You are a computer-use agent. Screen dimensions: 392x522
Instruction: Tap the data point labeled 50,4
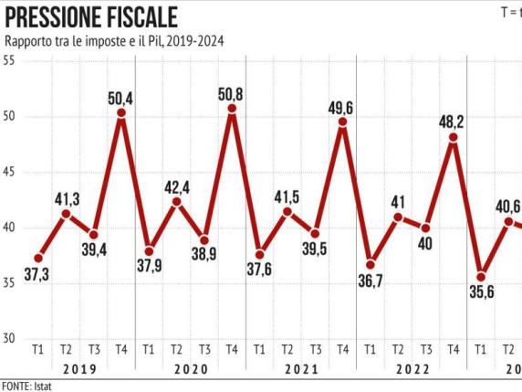click(x=121, y=112)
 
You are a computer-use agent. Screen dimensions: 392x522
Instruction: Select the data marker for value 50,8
click(x=232, y=109)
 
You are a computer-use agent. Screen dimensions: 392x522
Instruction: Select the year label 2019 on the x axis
click(x=80, y=369)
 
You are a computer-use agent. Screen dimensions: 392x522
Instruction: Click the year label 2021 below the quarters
click(x=301, y=369)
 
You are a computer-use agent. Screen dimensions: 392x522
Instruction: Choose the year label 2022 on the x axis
click(x=412, y=369)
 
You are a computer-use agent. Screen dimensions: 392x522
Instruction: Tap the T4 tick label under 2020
click(x=232, y=349)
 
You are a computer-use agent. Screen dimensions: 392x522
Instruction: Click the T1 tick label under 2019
click(x=38, y=349)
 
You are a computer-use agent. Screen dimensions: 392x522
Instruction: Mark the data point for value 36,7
click(x=371, y=264)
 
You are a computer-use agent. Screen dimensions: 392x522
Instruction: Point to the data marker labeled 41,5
click(x=287, y=211)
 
